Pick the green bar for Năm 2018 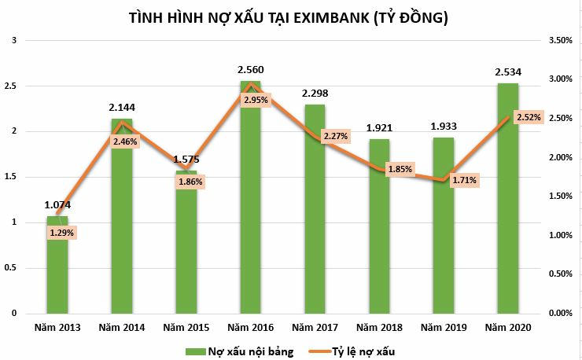click(x=379, y=236)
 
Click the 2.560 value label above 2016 click(x=250, y=71)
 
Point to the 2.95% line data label click(x=255, y=100)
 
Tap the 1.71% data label click(x=463, y=180)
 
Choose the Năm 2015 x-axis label click(x=186, y=326)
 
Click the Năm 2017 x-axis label click(x=315, y=326)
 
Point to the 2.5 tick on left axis click(x=10, y=85)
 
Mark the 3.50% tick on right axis click(x=560, y=39)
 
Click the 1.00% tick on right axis click(x=560, y=235)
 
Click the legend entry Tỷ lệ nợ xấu click(x=375, y=351)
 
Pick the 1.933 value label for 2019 click(x=443, y=126)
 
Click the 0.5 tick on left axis click(x=10, y=267)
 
